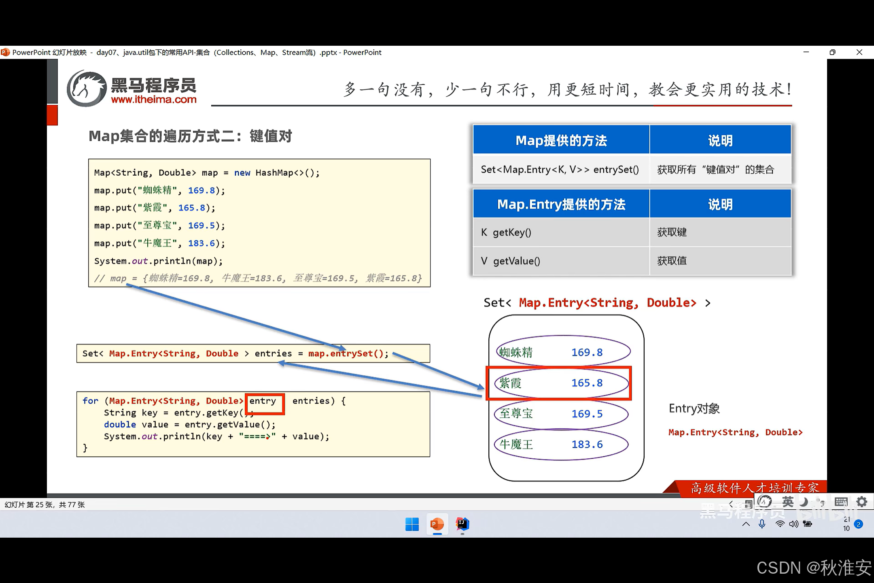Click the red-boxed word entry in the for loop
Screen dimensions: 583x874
(x=263, y=401)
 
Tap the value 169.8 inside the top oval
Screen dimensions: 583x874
(x=587, y=352)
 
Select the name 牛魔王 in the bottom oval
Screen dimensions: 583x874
(x=516, y=445)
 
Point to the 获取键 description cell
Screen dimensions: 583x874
(x=672, y=232)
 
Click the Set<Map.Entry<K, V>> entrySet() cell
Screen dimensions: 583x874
(x=560, y=170)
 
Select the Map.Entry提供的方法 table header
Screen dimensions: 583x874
(x=561, y=204)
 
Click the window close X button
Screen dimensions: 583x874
(x=859, y=52)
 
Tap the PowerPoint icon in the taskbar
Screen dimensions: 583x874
(x=437, y=524)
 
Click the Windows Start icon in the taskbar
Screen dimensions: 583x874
(x=412, y=524)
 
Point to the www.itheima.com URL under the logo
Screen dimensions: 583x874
(x=154, y=100)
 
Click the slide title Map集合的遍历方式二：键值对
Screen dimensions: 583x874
(x=190, y=136)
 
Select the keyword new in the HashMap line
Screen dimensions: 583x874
(x=242, y=173)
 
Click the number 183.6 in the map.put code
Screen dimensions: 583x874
(x=202, y=243)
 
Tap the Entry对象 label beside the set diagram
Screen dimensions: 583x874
(x=694, y=409)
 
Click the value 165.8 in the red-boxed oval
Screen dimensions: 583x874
(x=587, y=383)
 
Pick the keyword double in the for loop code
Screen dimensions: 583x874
(x=120, y=425)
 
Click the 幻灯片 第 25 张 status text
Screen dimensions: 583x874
(x=45, y=505)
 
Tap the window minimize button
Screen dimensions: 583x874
(x=806, y=52)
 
